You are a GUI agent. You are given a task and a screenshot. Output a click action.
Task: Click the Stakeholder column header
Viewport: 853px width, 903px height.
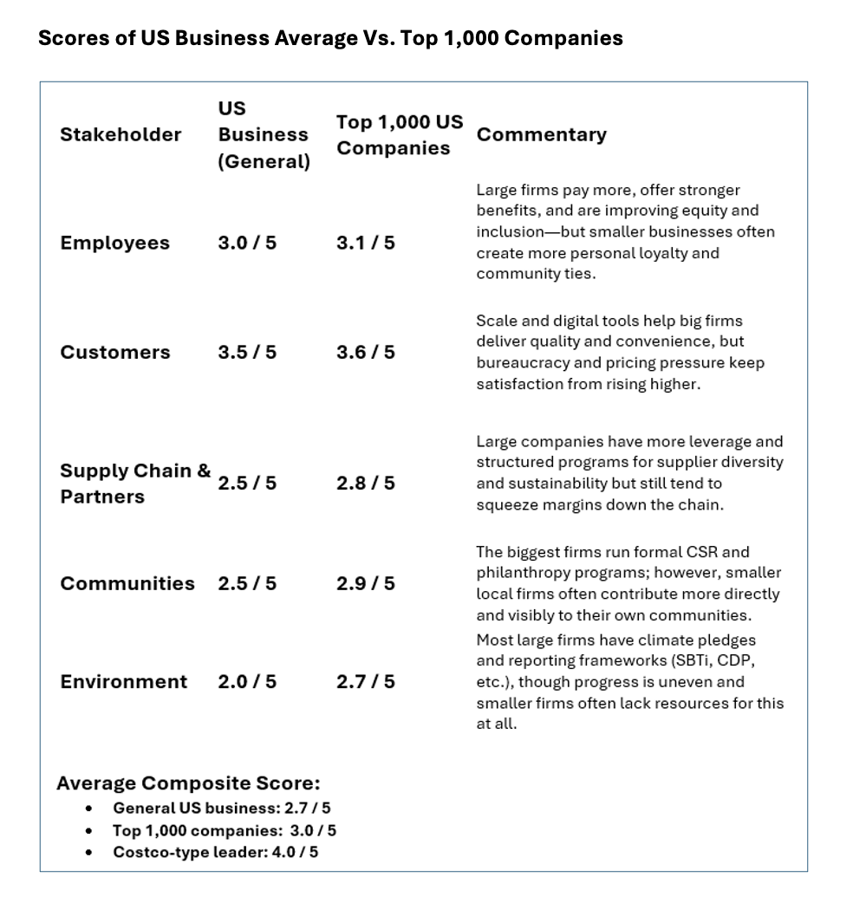pyautogui.click(x=120, y=134)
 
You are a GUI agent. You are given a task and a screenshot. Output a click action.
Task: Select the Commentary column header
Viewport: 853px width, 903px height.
pyautogui.click(x=542, y=134)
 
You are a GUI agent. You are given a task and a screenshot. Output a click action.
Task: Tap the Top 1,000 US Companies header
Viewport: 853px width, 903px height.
pyautogui.click(x=400, y=134)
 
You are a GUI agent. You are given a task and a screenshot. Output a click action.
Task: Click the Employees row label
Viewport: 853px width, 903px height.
pyautogui.click(x=114, y=243)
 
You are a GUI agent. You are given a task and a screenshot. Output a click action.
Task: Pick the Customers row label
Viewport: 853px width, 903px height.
pyautogui.click(x=115, y=352)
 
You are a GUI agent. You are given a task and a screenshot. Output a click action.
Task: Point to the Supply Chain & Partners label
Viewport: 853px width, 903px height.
pyautogui.click(x=135, y=484)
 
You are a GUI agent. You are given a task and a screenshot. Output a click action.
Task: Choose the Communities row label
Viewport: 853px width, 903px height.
pyautogui.click(x=127, y=583)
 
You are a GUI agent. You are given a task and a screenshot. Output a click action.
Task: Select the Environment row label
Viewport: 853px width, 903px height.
pyautogui.click(x=123, y=681)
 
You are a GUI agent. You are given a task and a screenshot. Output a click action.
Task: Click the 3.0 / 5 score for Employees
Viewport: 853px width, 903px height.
pyautogui.click(x=247, y=243)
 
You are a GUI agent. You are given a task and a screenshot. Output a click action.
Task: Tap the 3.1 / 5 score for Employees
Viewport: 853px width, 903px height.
pyautogui.click(x=365, y=243)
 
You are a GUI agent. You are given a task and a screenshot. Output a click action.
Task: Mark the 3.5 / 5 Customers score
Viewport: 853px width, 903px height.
pyautogui.click(x=247, y=352)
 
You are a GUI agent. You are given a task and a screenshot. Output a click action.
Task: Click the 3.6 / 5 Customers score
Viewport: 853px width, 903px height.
pyautogui.click(x=365, y=352)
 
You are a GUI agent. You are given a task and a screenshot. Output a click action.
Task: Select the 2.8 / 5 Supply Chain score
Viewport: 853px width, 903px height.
pyautogui.click(x=365, y=483)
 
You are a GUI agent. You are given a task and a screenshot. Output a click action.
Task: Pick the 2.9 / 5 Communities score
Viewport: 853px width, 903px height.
pyautogui.click(x=365, y=583)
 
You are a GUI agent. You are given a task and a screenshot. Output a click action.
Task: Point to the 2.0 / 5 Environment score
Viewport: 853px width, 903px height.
pyautogui.click(x=247, y=681)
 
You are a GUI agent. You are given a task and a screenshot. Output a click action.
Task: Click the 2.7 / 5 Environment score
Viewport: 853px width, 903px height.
pyautogui.click(x=365, y=681)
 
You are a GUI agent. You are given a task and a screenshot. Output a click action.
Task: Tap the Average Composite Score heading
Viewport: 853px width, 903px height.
pyautogui.click(x=188, y=783)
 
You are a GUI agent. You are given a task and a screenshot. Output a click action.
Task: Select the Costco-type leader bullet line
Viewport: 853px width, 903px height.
pyautogui.click(x=215, y=852)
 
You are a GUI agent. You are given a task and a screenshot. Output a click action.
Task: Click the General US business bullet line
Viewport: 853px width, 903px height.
pyautogui.click(x=221, y=808)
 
